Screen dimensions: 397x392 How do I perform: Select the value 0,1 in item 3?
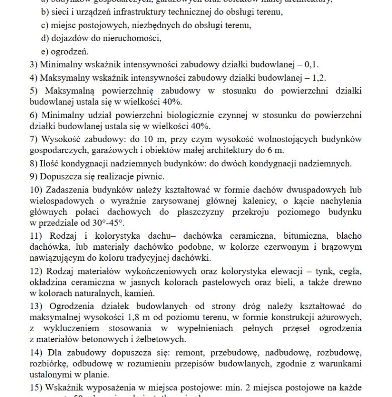312,65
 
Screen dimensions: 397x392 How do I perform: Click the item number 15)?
36,388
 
